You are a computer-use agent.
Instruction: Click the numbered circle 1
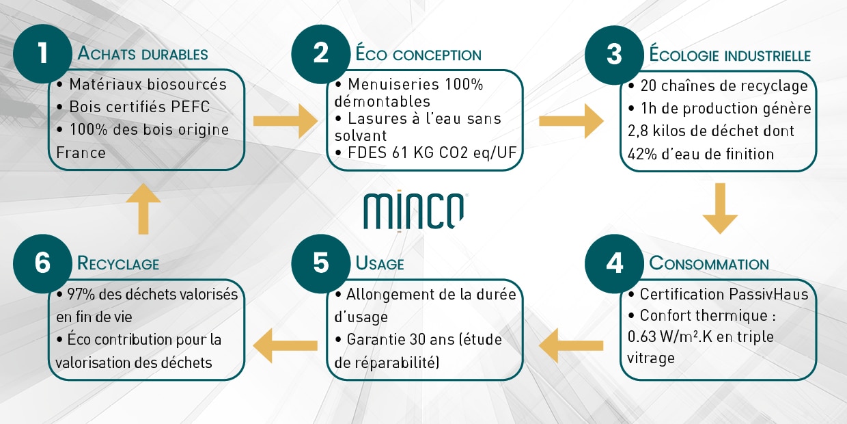(42, 54)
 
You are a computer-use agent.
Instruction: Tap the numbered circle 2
(320, 54)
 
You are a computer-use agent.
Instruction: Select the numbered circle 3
(614, 55)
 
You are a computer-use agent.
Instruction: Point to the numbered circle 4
(614, 264)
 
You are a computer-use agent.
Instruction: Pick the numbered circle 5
(320, 264)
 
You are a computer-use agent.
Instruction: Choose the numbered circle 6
(42, 264)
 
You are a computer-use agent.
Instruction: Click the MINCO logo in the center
(414, 211)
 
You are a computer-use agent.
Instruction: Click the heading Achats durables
(143, 53)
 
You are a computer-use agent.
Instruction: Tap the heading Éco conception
(418, 53)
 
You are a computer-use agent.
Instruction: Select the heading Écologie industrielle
(730, 54)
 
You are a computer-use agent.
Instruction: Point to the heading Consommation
(709, 263)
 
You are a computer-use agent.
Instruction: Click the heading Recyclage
(118, 263)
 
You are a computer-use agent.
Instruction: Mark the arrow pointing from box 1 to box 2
(286, 121)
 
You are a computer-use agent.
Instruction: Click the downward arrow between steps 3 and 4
(720, 209)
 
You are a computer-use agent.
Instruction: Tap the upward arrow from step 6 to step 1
(143, 209)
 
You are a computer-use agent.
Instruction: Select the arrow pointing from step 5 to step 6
(285, 345)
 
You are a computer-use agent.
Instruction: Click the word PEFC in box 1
(190, 107)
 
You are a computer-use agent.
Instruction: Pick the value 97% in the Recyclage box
(81, 295)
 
